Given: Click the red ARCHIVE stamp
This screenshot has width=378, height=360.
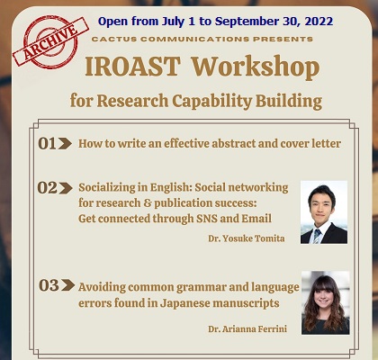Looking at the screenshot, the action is [x=50, y=41].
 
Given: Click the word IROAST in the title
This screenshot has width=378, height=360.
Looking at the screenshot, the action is [x=133, y=67].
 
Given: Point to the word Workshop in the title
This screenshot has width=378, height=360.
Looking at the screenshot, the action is [x=256, y=67].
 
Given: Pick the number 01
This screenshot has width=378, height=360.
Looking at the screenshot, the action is [x=47, y=144].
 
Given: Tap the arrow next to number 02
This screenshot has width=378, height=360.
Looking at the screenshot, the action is [x=66, y=188].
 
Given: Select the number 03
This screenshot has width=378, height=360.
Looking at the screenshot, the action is [x=49, y=285].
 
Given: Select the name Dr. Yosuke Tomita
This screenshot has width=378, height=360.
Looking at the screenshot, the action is [x=247, y=238].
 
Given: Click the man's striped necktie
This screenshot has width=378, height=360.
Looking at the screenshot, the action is [x=317, y=236].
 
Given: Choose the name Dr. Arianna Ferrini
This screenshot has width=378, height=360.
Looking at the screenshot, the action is [x=247, y=329].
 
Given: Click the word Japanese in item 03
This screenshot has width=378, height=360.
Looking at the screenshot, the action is [x=184, y=303].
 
